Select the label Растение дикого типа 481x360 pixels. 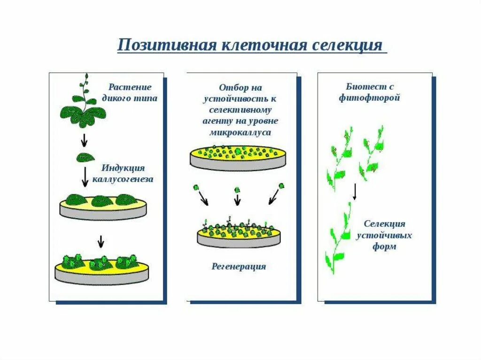coord(130,92)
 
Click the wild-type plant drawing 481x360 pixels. coord(84,106)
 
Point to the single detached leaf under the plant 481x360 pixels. coord(85,157)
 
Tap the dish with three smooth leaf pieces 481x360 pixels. coord(103,206)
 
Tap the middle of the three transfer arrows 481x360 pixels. coord(237,199)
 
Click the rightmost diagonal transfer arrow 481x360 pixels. coord(273,198)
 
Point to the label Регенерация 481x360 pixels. coord(238,267)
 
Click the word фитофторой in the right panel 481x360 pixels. coord(369,99)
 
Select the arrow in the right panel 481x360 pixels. coord(355,191)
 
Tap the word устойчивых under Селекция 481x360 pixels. coord(384,235)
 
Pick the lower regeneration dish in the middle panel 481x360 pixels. coord(238,235)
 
